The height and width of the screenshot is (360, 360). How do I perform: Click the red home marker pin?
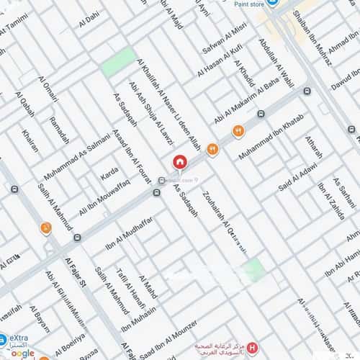point(179,162)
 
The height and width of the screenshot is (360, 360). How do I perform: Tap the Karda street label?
point(109,174)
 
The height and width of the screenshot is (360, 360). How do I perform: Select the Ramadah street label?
point(60,129)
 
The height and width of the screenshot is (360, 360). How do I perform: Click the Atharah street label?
point(314,148)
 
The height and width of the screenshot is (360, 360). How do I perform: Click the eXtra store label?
point(17,339)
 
